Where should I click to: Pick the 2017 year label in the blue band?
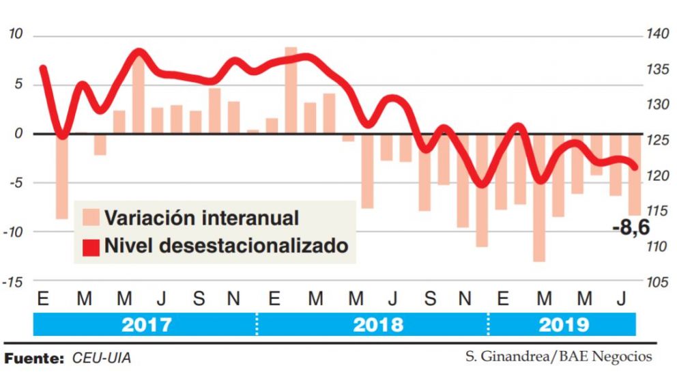click(x=146, y=324)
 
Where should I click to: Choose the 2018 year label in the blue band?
click(x=377, y=324)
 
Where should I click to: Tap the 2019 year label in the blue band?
click(x=563, y=324)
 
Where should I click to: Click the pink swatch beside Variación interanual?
click(x=90, y=218)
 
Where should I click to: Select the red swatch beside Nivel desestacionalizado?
click(x=90, y=246)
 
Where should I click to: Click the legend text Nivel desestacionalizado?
click(x=226, y=246)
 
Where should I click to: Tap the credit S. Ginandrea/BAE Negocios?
click(x=559, y=356)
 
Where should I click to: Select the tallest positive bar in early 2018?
click(x=291, y=90)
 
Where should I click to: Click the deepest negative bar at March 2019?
click(x=540, y=197)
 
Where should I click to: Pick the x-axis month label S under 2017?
click(x=198, y=299)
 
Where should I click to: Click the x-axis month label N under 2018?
click(x=464, y=299)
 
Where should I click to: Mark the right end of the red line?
click(x=635, y=167)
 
